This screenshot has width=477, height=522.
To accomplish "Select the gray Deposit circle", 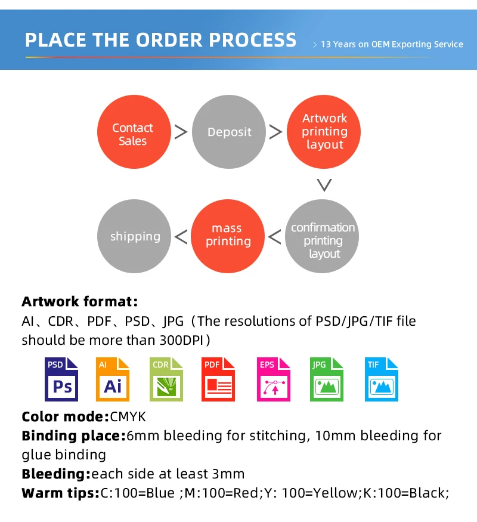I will [230, 132].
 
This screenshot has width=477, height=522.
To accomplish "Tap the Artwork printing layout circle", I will [324, 132].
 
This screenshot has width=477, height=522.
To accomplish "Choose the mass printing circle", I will [227, 235].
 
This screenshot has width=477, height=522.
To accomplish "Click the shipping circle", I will [135, 236].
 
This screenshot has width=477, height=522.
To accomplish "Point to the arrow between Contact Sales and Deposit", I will [181, 132].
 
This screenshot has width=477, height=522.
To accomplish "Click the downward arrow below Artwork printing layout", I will [324, 185].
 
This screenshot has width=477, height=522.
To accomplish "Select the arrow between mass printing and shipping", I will [181, 237].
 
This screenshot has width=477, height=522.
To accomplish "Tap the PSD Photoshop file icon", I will [61, 379].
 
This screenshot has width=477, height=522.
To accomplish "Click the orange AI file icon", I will [113, 379].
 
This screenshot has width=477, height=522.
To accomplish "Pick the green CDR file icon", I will [165, 379].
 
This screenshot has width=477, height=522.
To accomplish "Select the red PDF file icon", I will [218, 379].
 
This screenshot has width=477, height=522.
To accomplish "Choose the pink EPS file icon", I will [274, 379].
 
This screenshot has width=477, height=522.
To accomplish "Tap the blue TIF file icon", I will [381, 379].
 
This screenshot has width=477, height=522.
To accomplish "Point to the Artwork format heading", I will [79, 301].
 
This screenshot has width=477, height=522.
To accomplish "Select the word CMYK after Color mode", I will [128, 416].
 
